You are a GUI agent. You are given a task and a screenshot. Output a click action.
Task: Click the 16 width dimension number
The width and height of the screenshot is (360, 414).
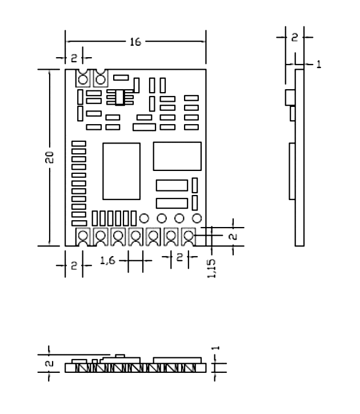(x=135, y=41)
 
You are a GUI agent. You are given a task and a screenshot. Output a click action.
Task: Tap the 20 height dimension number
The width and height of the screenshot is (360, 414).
(x=50, y=158)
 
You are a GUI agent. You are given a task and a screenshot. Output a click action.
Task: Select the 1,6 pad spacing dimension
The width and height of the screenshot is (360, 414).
(x=107, y=261)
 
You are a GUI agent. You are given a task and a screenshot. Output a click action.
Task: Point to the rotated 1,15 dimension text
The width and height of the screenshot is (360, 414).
(x=213, y=268)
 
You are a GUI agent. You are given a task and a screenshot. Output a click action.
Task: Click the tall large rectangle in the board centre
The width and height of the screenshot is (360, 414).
(x=121, y=170)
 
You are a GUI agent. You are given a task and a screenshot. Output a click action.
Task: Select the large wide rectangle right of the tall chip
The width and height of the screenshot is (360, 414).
(x=177, y=156)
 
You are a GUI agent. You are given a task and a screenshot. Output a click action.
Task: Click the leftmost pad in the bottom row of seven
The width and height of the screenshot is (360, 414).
(x=83, y=236)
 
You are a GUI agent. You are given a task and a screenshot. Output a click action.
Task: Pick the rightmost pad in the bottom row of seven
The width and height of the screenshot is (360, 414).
(x=187, y=236)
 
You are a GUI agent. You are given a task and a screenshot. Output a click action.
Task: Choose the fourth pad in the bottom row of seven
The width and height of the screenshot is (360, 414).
(x=135, y=236)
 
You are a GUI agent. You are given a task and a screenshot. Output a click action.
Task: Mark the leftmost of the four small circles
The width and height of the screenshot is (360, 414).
(x=144, y=218)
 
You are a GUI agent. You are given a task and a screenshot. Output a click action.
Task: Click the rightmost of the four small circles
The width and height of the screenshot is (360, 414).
(x=197, y=218)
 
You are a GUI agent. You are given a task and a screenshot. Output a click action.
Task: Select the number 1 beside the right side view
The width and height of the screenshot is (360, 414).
(x=318, y=65)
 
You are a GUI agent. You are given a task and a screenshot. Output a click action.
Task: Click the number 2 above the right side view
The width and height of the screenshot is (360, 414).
(x=294, y=38)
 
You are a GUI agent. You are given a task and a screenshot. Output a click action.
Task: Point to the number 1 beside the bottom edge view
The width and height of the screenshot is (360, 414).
(x=216, y=348)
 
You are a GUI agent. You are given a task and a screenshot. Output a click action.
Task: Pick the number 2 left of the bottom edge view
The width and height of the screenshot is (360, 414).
(x=49, y=363)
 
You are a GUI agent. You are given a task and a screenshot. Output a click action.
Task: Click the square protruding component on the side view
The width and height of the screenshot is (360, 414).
(x=289, y=98)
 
